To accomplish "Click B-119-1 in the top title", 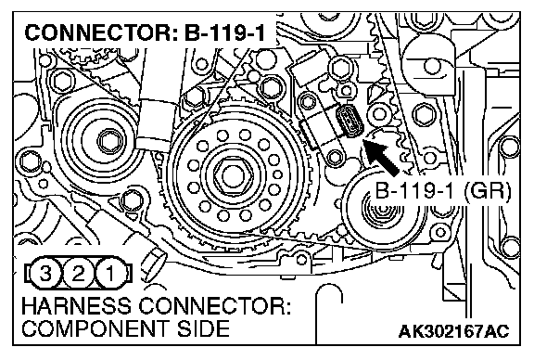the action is point(225,33).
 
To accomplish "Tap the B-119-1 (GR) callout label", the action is point(443,191).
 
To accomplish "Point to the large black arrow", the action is point(381,158).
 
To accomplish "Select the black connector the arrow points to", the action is point(350,121).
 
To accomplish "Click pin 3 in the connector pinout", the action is point(45,273).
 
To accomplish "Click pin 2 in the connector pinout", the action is point(78,273).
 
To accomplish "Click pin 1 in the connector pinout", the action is point(110,273).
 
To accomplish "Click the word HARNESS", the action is point(76,306).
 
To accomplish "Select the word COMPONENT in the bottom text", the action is point(95,328).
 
